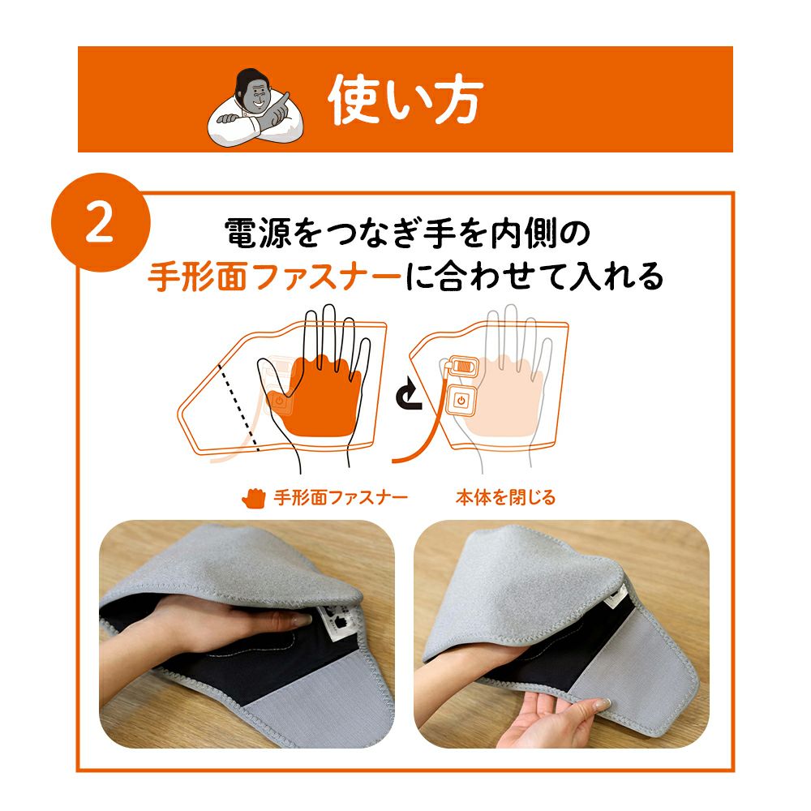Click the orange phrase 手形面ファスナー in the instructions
(x=274, y=277)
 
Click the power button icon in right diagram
(x=461, y=400)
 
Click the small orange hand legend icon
(x=253, y=497)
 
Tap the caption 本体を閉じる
(x=504, y=497)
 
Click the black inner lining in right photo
(x=568, y=657)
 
